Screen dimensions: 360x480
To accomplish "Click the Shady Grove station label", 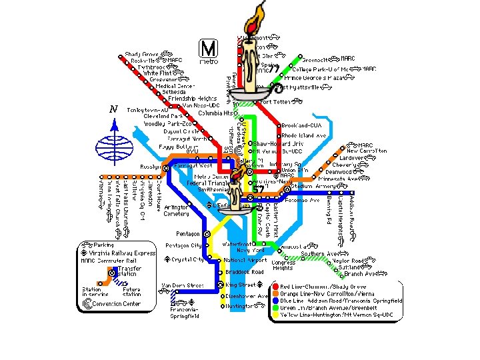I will [141, 54].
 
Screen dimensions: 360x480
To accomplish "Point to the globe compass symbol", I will [114, 148].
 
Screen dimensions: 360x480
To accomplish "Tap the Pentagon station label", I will [187, 234].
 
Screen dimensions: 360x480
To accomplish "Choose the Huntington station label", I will [239, 306].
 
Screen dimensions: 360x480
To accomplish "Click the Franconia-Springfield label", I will [183, 313].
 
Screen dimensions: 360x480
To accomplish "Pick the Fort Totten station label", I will [275, 102].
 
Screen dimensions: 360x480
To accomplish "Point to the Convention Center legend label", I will [116, 304].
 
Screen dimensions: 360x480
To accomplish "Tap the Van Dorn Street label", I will [182, 285].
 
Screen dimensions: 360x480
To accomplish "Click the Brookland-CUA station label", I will [301, 125].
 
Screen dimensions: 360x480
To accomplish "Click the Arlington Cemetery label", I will [177, 211].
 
